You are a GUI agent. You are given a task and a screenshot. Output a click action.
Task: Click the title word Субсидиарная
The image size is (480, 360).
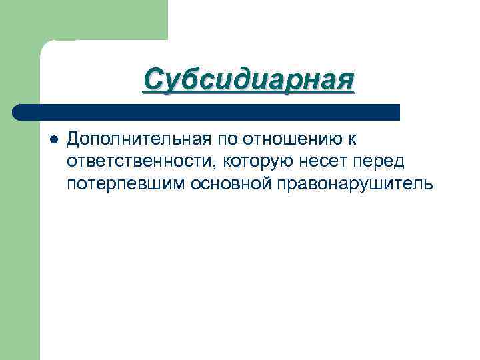coord(249,81)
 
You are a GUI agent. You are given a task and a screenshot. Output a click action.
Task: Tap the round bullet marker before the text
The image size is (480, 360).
coord(53,139)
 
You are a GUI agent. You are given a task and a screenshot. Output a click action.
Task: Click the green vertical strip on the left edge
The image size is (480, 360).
coord(20,233)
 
